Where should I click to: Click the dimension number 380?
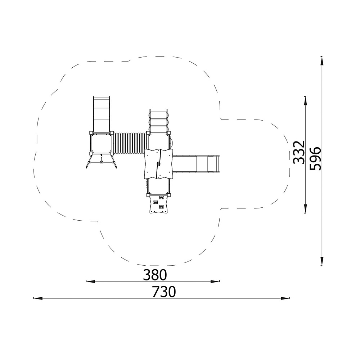[x=154, y=275]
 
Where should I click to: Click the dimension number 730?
[x=164, y=292]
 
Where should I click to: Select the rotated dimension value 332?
[x=299, y=152]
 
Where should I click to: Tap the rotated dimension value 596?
[x=315, y=159]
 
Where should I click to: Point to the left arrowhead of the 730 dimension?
[x=38, y=298]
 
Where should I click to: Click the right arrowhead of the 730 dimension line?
[x=285, y=298]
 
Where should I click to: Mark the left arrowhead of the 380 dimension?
[x=90, y=281]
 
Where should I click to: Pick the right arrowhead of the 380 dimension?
[x=215, y=281]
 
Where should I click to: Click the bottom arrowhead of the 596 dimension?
[x=322, y=261]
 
